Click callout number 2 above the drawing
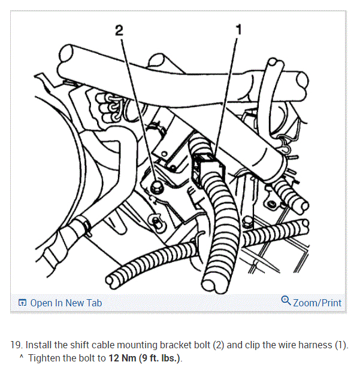point(119,31)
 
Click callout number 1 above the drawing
point(238,28)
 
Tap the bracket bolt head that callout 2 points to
point(155,187)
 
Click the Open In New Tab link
point(66,303)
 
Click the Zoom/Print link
point(317,303)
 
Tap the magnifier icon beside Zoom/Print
point(286,301)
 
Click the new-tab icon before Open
point(22,303)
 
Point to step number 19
point(16,346)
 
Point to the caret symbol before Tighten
point(22,359)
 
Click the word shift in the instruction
point(78,346)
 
